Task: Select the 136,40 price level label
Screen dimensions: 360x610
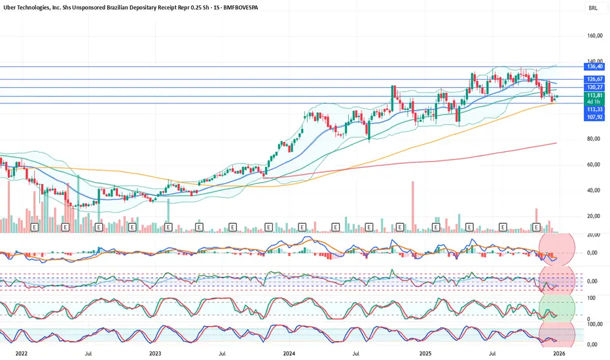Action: (x=594, y=66)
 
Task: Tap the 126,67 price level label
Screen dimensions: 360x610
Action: (x=594, y=79)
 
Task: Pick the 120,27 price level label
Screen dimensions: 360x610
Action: (x=594, y=87)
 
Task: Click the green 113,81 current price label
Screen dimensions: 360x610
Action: (x=594, y=95)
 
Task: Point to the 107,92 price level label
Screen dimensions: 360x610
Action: (x=594, y=118)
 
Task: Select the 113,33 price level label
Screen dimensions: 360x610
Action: (x=594, y=110)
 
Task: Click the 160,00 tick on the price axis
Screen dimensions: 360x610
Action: (x=594, y=36)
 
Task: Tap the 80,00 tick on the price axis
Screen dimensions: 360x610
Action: (x=594, y=139)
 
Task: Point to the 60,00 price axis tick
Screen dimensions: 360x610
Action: (x=594, y=164)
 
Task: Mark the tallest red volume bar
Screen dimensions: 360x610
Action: (x=413, y=206)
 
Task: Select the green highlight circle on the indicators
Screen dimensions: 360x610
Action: (x=557, y=308)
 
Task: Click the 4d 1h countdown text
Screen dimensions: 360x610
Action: (x=594, y=102)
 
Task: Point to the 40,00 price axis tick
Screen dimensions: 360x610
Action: (x=594, y=190)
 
